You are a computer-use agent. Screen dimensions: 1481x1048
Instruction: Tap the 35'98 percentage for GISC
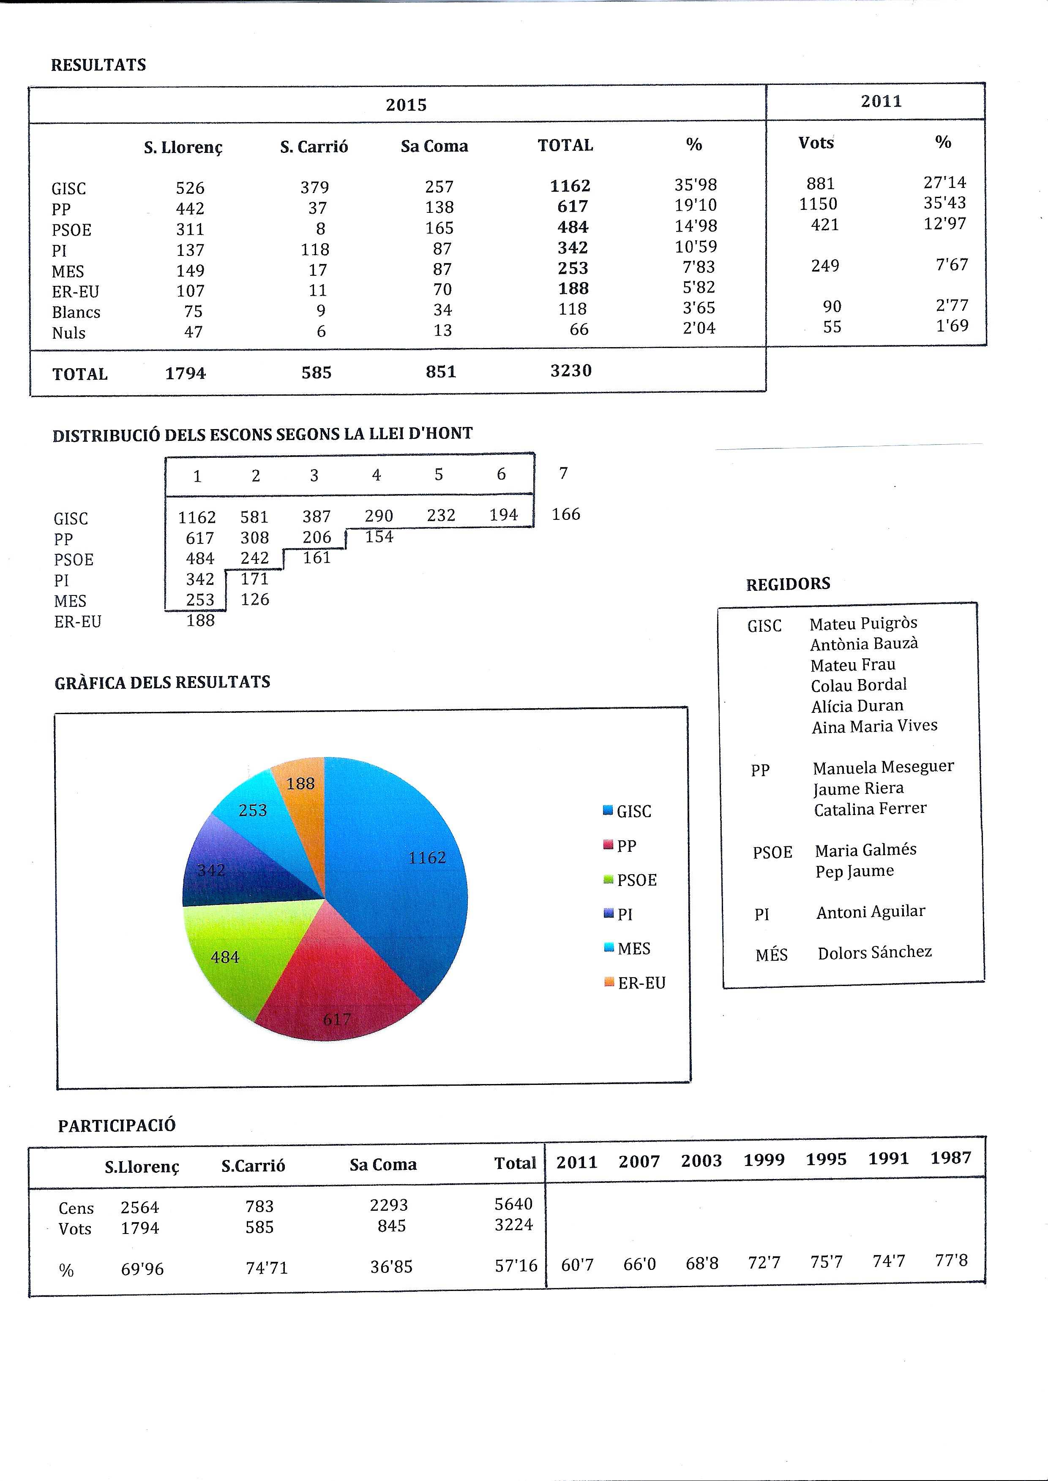696,185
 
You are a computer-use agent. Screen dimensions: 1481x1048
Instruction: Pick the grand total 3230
570,371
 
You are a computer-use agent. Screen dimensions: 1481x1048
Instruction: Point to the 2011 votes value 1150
818,204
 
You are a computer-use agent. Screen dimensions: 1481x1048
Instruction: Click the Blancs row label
76,312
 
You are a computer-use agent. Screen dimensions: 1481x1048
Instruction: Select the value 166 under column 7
566,514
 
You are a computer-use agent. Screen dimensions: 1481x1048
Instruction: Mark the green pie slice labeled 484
226,955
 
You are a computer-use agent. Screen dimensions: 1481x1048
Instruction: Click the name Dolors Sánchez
874,952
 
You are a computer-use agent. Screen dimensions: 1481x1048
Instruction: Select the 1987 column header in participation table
950,1158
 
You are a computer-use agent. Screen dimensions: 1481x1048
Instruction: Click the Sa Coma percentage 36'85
391,1267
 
